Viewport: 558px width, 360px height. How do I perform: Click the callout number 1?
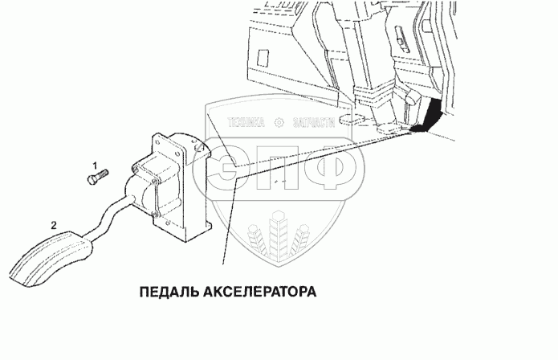click(x=94, y=164)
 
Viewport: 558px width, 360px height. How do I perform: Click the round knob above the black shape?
click(x=409, y=97)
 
